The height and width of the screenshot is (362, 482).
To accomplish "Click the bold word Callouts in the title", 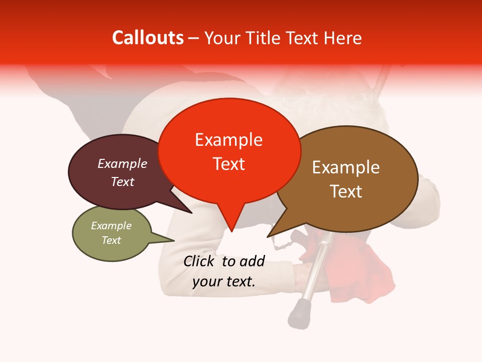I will tap(148, 38).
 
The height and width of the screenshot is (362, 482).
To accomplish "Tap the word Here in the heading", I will tap(342, 38).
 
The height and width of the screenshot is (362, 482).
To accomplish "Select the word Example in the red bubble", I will tap(228, 140).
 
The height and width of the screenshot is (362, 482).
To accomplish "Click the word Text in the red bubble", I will tap(228, 164).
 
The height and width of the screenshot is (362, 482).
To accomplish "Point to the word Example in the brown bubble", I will tap(346, 167).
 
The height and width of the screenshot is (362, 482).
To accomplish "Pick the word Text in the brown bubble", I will tap(346, 192).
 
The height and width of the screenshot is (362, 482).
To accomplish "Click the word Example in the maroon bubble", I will tap(123, 163).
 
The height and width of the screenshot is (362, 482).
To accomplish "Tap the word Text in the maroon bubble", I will tap(123, 182).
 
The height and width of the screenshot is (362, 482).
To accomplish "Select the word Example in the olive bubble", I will tap(111, 226).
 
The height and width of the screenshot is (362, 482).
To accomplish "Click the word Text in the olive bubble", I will tap(111, 240).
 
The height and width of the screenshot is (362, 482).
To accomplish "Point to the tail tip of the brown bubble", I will tap(269, 235).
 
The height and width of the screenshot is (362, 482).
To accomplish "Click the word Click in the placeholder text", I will tap(200, 261).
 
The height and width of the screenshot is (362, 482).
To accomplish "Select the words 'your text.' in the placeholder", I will tap(224, 282).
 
